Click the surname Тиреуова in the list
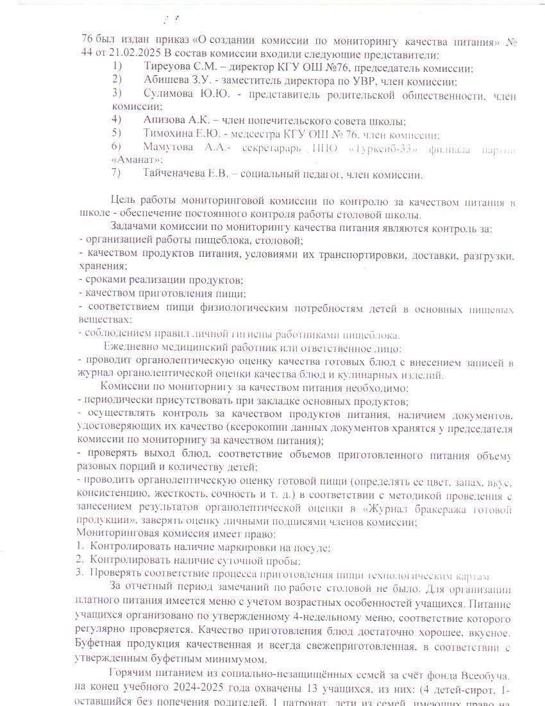click(168, 67)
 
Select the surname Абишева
click(167, 81)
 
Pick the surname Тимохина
click(169, 133)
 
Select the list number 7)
click(116, 173)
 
